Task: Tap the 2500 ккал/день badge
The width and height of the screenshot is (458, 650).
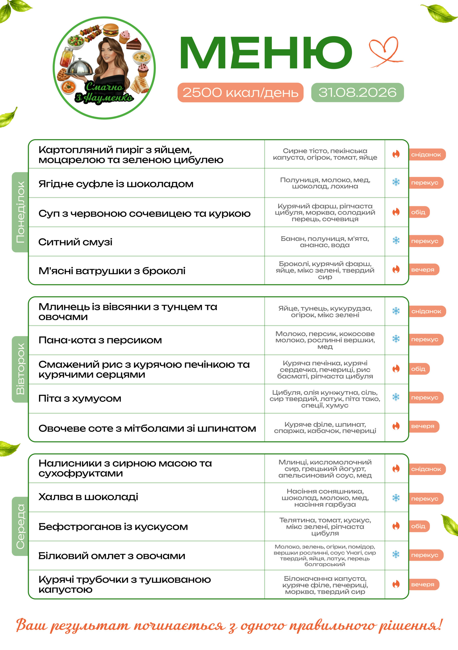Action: pos(240,92)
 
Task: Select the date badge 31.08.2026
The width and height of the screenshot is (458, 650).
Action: pos(357,92)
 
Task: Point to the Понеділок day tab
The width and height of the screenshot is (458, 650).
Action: pos(20,212)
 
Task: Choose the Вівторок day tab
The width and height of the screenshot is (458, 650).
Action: pos(20,369)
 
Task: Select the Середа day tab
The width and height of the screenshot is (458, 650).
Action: pos(20,526)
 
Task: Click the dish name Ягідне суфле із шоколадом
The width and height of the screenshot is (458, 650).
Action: pos(116,184)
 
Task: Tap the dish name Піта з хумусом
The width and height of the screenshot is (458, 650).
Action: pos(80,398)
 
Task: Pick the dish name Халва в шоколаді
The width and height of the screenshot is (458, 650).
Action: pos(88,497)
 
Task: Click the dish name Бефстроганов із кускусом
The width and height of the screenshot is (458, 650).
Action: pos(113,527)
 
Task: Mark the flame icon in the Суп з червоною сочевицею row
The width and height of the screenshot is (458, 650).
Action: pos(396,212)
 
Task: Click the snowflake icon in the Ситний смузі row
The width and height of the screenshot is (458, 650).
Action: pos(396,240)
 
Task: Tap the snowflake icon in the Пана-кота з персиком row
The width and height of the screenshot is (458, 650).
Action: pos(396,339)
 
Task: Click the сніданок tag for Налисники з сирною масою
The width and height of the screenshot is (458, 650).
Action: pos(427,469)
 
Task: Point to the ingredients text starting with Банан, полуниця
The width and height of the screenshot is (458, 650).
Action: pos(325,242)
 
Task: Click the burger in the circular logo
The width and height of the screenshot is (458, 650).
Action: pos(110,30)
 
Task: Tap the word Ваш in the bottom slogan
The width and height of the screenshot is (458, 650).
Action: pos(31,625)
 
